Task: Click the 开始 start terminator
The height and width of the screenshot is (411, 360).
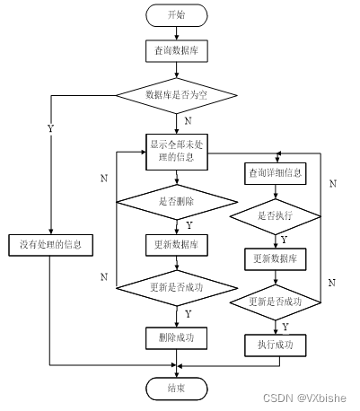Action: (x=177, y=15)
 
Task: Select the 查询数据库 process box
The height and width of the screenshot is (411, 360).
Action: (x=177, y=53)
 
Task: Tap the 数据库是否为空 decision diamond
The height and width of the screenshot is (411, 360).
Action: (x=177, y=94)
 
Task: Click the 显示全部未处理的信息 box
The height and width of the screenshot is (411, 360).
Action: (x=177, y=152)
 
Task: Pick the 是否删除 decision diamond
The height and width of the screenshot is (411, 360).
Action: (x=177, y=202)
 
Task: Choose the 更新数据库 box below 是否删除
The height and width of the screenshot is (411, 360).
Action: (x=177, y=244)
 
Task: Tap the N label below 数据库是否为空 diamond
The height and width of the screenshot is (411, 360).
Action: (x=186, y=120)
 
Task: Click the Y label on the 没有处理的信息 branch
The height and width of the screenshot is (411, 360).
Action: (x=50, y=128)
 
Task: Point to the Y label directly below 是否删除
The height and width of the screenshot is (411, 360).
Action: (x=188, y=224)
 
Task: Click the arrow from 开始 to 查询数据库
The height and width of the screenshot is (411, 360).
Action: (x=177, y=34)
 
